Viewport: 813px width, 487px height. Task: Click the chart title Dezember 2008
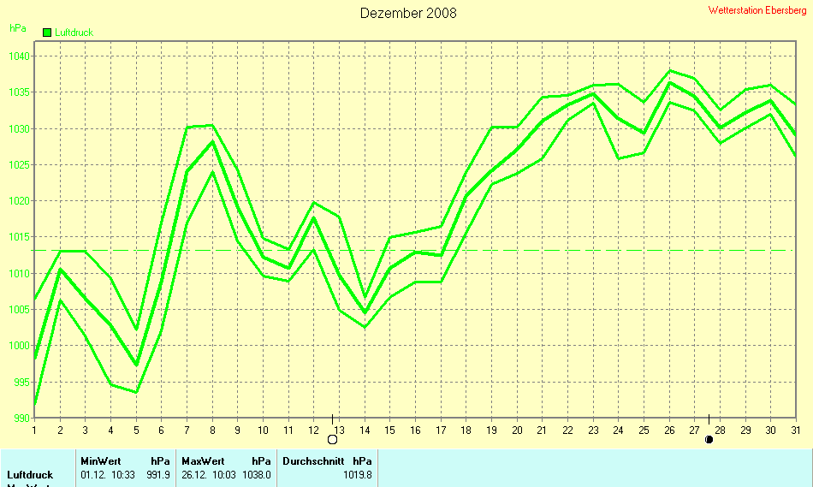pos(408,13)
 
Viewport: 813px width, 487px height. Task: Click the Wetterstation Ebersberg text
pos(757,10)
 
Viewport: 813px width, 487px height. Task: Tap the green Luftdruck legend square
pos(47,33)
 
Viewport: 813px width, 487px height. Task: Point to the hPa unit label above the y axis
pos(17,28)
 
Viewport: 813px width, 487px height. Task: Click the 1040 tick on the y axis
pos(20,56)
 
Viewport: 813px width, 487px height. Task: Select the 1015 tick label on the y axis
pos(20,237)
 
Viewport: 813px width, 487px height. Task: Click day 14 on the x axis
pos(365,430)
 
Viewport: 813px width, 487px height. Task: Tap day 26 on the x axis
pos(669,430)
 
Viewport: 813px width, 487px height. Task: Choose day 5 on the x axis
pos(135,430)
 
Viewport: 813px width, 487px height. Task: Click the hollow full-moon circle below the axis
pos(332,440)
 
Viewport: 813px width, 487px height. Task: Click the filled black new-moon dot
pos(709,440)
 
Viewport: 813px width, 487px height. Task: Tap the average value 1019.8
pos(357,474)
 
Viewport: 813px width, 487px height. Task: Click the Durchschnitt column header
pos(313,460)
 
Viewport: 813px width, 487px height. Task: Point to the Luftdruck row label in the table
pos(30,474)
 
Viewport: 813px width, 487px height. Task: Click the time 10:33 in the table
pos(122,474)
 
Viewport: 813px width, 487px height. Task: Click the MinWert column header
pos(101,460)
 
